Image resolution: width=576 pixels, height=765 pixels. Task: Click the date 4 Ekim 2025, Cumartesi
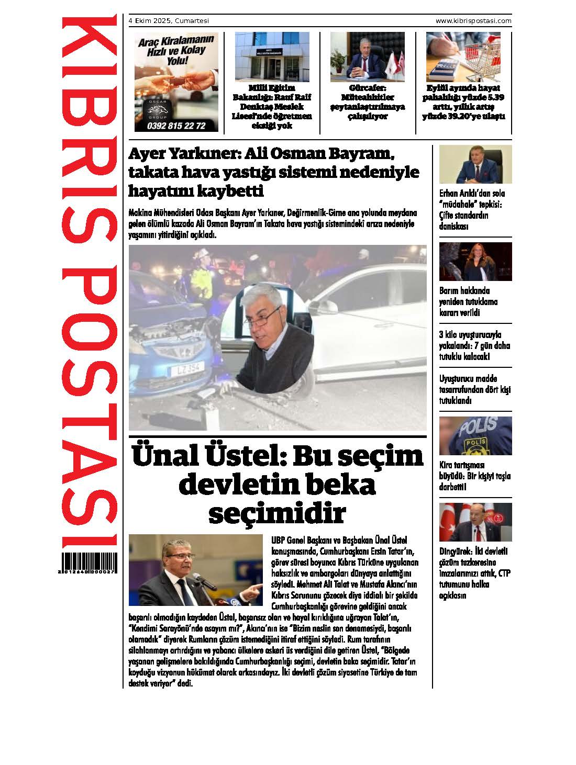[169, 21]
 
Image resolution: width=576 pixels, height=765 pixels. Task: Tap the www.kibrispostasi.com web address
[473, 21]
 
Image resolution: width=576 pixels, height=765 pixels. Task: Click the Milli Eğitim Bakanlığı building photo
[272, 57]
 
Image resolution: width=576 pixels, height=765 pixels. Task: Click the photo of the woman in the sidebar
[475, 261]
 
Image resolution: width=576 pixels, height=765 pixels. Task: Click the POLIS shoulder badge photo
[475, 435]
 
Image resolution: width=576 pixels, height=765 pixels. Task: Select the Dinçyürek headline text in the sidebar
[475, 573]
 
